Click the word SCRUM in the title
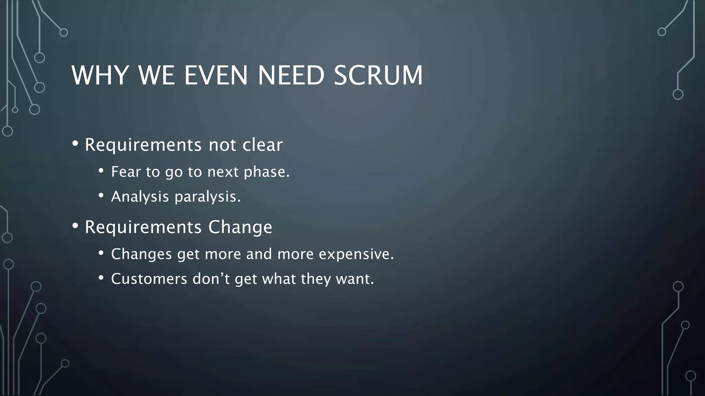(378, 75)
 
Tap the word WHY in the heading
(100, 75)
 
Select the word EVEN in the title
(216, 75)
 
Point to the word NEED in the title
(291, 75)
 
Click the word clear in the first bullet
(262, 145)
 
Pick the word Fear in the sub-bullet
(126, 172)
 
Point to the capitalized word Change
(240, 227)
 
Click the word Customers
(149, 279)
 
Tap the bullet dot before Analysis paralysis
(101, 196)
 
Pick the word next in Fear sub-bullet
(223, 172)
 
